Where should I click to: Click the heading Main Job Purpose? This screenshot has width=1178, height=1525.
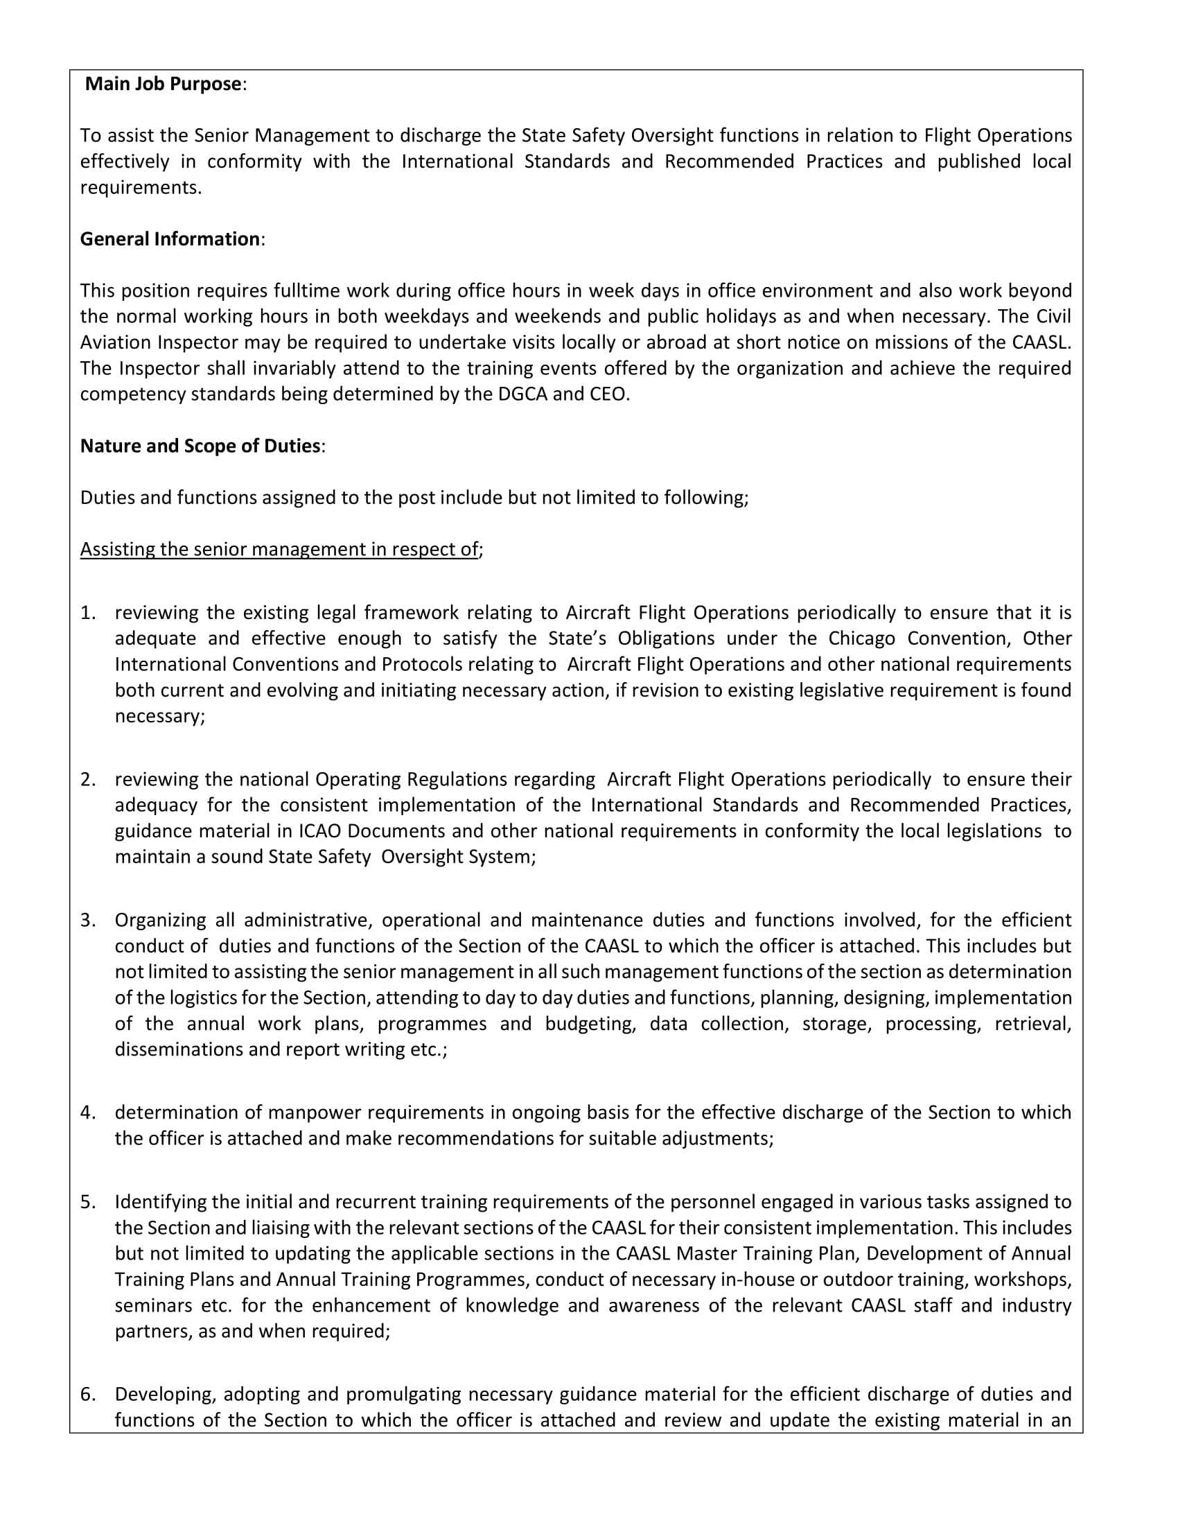click(163, 85)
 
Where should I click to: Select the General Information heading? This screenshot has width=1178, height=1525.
click(170, 240)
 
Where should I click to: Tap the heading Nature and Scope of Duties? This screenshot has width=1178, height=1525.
click(200, 446)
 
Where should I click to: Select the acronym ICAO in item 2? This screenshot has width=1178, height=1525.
click(320, 832)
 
